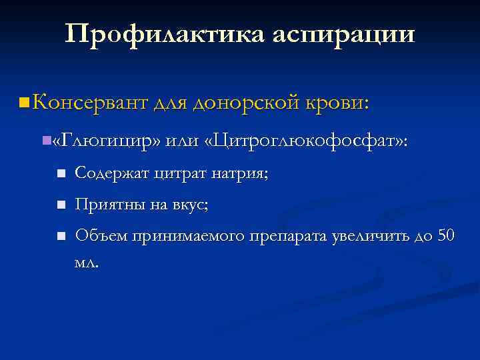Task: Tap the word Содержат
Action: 113,175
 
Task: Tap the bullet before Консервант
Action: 24,103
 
